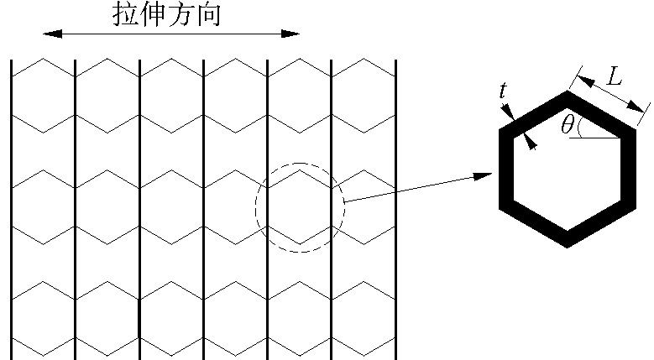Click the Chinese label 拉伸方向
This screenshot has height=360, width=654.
167,14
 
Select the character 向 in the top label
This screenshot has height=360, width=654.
208,14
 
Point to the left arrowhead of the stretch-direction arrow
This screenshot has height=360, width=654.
48,34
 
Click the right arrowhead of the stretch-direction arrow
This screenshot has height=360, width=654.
293,34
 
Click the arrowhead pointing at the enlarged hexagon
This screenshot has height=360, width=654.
484,176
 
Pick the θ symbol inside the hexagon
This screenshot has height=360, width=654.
568,126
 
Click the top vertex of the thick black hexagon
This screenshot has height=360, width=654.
568,93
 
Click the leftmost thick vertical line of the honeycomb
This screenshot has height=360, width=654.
12,210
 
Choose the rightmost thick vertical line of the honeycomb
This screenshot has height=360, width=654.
396,210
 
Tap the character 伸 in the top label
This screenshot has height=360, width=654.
154,14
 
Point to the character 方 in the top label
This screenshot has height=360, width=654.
181,14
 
